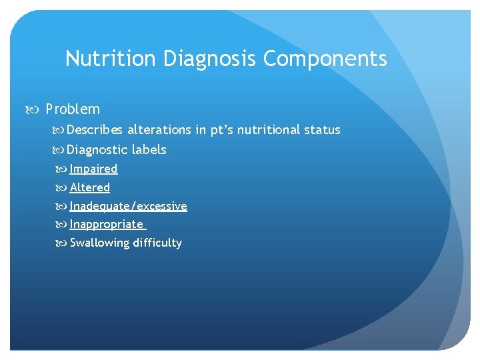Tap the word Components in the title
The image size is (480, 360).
pos(325,59)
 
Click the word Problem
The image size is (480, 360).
pos(73,109)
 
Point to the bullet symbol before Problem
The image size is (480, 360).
pos(36,109)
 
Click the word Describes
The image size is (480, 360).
pos(95,130)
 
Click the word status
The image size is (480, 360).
pos(323,130)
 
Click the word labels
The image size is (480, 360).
pos(149,150)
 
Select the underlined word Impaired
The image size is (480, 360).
pos(93,169)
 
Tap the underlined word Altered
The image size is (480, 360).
pos(90,188)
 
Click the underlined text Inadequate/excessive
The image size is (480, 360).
pos(128,207)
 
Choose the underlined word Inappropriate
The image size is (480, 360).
pos(107,225)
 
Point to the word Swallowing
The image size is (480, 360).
pos(99,243)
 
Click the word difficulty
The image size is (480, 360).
pos(157,243)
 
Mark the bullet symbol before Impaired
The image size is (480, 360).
pos(63,169)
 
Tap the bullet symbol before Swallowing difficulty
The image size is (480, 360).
pos(63,243)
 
